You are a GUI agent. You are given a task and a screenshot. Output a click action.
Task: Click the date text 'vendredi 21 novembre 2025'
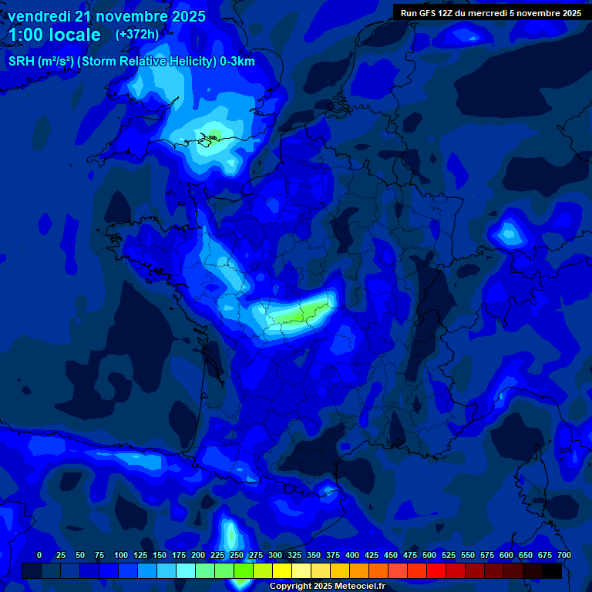[x=106, y=16]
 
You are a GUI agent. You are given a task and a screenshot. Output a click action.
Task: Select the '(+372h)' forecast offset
[x=137, y=35]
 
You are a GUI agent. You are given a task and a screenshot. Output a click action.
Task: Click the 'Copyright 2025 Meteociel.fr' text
[x=327, y=587]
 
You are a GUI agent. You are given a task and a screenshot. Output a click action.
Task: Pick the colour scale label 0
[x=39, y=555]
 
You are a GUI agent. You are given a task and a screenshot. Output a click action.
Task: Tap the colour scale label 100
[x=121, y=555]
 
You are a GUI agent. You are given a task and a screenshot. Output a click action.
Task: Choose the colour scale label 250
[x=237, y=555]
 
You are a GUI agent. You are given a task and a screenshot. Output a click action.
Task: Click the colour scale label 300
[x=275, y=555]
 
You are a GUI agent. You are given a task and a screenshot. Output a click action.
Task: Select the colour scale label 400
[x=352, y=555]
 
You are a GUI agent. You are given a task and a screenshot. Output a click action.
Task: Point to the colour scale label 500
[x=429, y=555]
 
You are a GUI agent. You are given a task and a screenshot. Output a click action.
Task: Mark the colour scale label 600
[x=506, y=555]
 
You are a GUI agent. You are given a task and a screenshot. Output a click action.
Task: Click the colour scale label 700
[x=563, y=555]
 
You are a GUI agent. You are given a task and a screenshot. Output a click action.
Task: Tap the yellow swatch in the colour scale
[x=282, y=570]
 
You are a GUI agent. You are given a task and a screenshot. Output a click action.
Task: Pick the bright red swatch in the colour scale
[x=436, y=570]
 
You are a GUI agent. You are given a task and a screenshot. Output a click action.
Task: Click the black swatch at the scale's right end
[x=552, y=570]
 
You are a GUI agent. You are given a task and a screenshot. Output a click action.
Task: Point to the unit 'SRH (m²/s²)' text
[x=44, y=62]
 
